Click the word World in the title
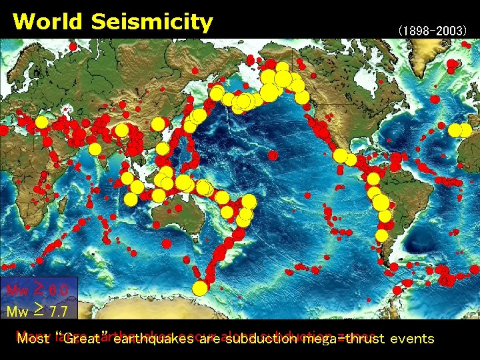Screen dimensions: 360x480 pos(47,21)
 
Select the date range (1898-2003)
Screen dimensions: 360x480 pos(433,31)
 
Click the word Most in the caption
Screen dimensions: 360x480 pos(38,339)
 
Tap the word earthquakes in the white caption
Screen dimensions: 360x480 pos(153,339)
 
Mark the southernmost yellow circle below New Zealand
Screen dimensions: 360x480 pos(199,288)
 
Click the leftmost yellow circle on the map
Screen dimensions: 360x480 pos(41,122)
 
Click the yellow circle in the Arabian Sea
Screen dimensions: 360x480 pos(95,148)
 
